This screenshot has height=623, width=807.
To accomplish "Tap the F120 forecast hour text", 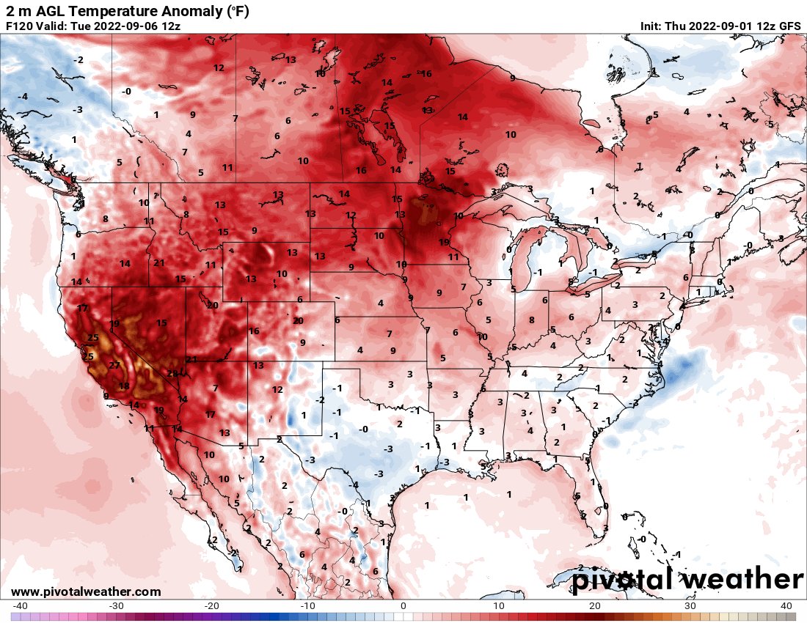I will tap(20, 26).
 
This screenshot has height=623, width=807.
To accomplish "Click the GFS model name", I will tap(789, 26).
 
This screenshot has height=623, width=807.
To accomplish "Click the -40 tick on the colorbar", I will tap(20, 606).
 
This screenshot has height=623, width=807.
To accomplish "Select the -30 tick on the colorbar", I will tap(116, 606).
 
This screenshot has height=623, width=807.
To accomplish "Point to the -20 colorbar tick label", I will tap(211, 606).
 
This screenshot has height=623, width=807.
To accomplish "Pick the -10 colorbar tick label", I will tap(307, 606).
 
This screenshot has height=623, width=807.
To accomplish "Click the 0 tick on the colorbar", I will tap(403, 606).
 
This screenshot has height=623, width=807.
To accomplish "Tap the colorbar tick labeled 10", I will tap(499, 606).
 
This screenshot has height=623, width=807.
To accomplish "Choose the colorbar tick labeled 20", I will tap(595, 606).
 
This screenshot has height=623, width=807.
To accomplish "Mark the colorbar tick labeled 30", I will tap(690, 606).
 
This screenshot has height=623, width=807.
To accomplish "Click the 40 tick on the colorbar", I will tap(786, 606).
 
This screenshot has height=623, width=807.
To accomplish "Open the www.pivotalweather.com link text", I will tap(86, 591).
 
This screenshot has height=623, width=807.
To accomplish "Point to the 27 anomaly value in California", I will tap(114, 365).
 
